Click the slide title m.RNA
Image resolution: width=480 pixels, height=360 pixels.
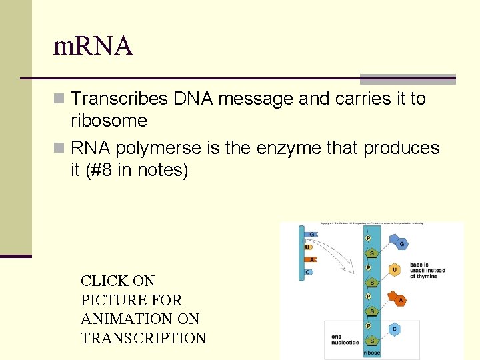93,46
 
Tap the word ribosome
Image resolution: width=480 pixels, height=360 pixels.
109,121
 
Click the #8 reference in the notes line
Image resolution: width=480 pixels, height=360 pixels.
100,170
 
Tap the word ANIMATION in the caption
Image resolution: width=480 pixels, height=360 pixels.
121,319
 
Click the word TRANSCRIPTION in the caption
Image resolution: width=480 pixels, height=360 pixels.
143,338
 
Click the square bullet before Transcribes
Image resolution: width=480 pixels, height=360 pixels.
61,99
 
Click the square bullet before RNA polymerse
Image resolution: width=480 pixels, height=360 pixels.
61,148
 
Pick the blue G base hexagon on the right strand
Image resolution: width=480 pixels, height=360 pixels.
401,244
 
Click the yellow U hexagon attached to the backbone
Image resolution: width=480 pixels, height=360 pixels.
395,270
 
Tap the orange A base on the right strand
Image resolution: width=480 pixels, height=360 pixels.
400,301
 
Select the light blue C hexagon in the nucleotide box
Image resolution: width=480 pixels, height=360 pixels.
395,329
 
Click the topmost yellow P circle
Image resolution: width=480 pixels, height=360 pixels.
368,238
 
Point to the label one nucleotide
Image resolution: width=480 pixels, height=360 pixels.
345,340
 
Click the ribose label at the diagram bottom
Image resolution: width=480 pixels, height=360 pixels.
372,353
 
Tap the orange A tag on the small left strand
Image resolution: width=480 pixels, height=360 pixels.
310,260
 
